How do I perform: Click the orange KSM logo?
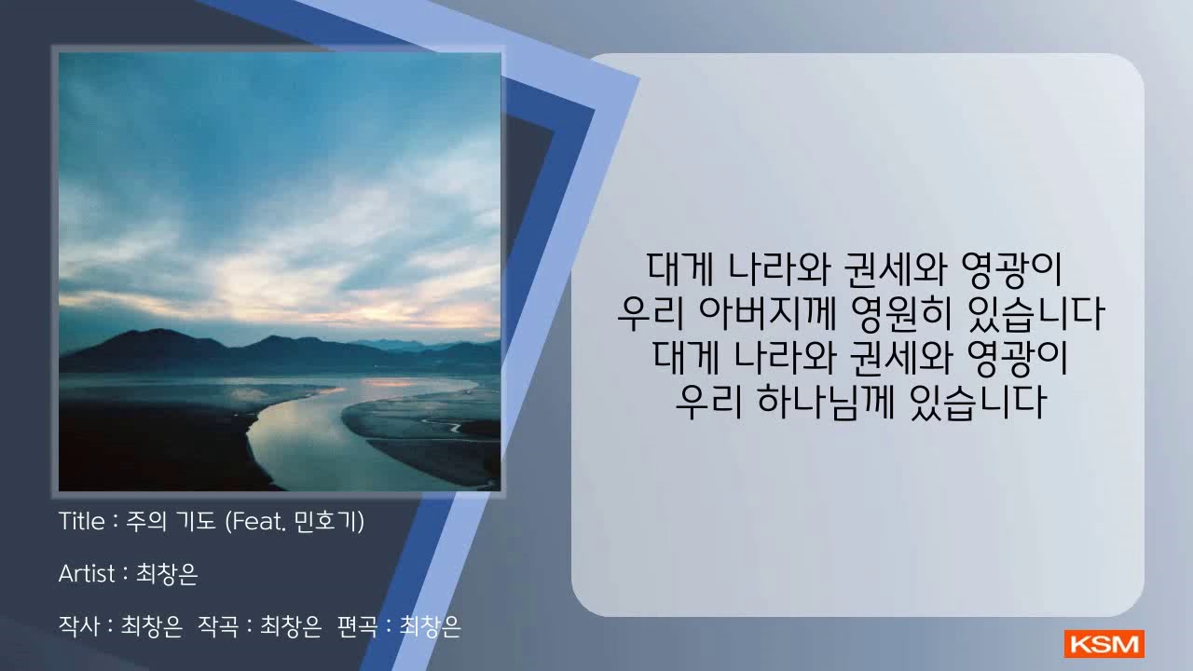pyautogui.click(x=1104, y=644)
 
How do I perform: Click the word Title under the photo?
pyautogui.click(x=81, y=521)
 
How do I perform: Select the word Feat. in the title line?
pyautogui.click(x=260, y=521)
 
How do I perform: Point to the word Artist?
pyautogui.click(x=87, y=573)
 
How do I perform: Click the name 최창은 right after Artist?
pyautogui.click(x=167, y=574)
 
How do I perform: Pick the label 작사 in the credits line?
pyautogui.click(x=79, y=626)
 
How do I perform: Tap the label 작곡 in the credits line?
pyautogui.click(x=218, y=626)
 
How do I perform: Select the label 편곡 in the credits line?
pyautogui.click(x=358, y=626)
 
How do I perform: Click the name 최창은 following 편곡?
pyautogui.click(x=430, y=626)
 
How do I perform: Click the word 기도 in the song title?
pyautogui.click(x=195, y=521)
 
